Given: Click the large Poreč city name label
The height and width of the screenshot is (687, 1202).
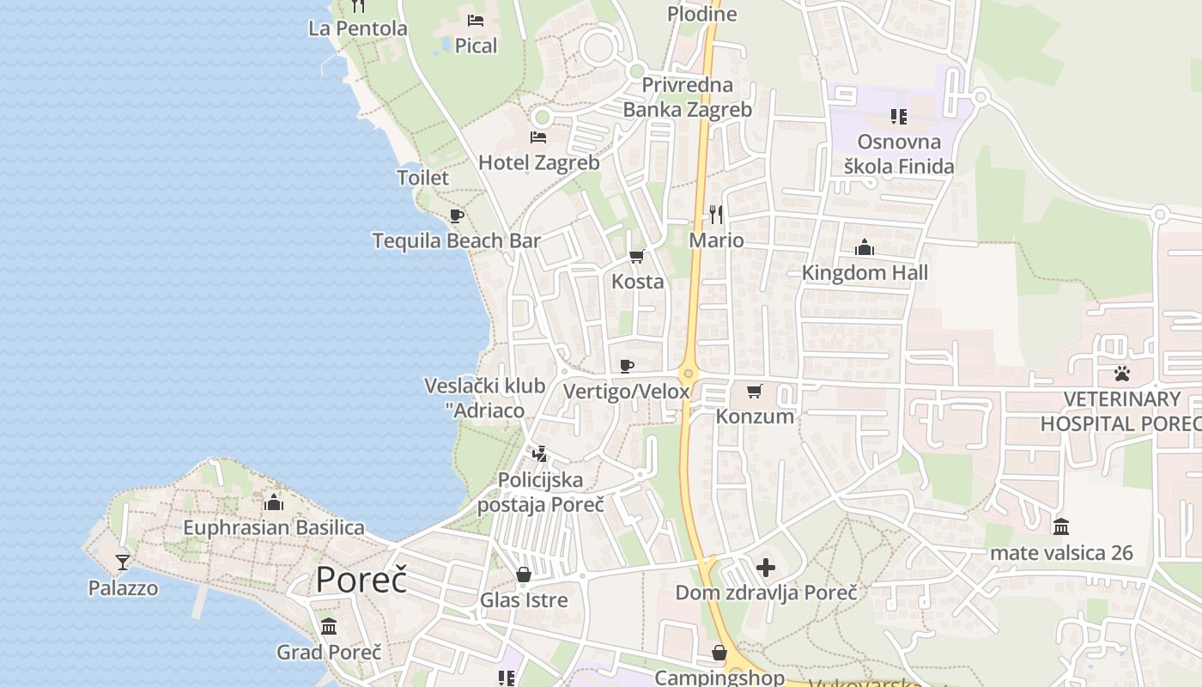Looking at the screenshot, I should coord(361,581).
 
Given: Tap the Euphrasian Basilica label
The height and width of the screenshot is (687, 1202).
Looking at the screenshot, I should coord(275,527).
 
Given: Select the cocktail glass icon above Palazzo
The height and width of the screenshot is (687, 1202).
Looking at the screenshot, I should coord(123,562).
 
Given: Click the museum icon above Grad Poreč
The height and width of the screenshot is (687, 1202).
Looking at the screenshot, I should coord(329,626).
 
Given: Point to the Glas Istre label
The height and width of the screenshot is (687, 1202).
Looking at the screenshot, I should coord(524,599).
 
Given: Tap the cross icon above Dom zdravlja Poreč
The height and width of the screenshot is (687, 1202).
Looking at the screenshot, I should coord(766,568).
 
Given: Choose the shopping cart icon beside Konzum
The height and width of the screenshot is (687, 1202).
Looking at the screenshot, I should coord(755,392).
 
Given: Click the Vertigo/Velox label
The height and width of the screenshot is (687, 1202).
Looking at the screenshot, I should coord(626,392).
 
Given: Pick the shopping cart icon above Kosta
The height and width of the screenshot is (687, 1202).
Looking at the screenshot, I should coord(637,256).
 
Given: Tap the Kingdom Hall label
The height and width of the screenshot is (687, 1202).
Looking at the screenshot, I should coord(865,273).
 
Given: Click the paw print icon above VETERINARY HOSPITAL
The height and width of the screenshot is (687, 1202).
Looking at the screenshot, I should coord(1122,374).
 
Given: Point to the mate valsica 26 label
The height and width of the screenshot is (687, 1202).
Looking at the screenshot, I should coord(1061,552).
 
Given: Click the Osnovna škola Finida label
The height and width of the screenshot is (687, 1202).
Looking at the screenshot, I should coord(899,154).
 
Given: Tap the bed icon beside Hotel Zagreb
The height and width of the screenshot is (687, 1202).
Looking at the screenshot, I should coord(538,137).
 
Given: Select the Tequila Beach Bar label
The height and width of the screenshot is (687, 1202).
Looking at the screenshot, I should coord(456,240).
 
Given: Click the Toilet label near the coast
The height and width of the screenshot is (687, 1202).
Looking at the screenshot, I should coord(422,178).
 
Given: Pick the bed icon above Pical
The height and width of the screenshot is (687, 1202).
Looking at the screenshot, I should coord(476,20).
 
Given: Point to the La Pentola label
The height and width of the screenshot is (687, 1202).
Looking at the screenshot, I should coord(357,28).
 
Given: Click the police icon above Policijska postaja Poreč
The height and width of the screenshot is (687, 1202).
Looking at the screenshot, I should coord(540,453).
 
